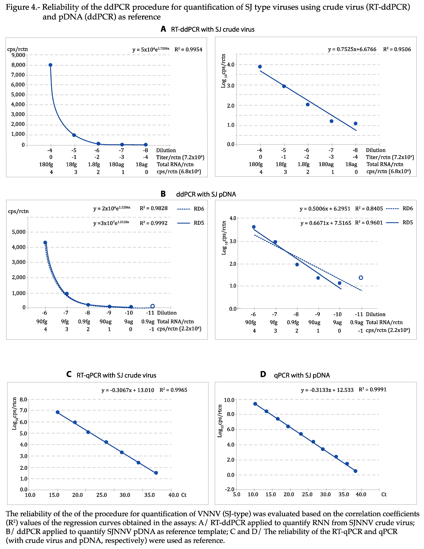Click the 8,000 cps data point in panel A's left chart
(x=50, y=65)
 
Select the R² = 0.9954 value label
(x=188, y=49)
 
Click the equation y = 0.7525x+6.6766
(x=352, y=49)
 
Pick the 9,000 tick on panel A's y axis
(x=18, y=55)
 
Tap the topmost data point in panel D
(x=255, y=404)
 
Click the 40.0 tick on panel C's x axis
(x=174, y=495)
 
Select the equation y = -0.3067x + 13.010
(x=128, y=390)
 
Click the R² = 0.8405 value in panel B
(x=369, y=209)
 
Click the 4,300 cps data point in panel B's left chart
(x=45, y=243)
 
